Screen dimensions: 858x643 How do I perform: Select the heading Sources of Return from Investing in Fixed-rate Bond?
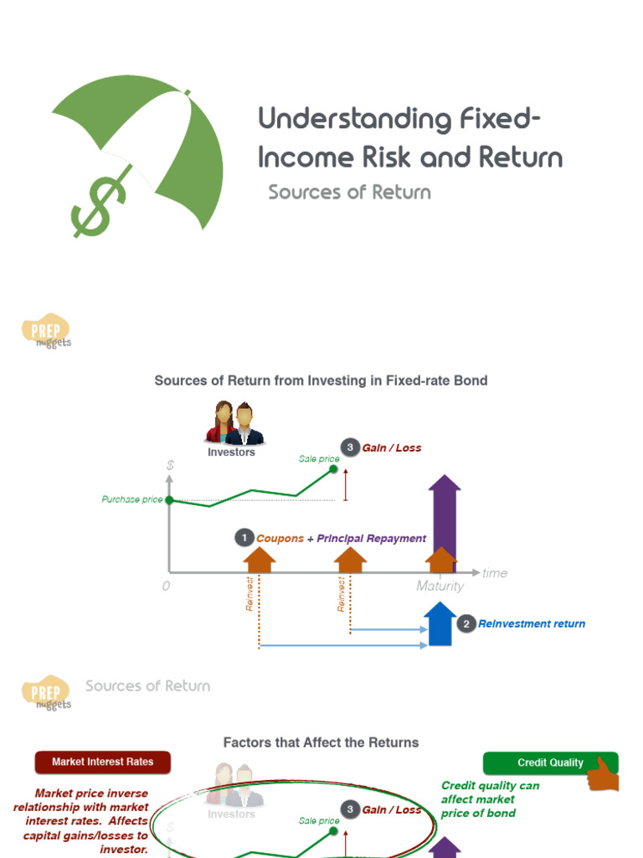pyautogui.click(x=321, y=380)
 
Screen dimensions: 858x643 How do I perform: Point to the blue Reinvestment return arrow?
pyautogui.click(x=440, y=625)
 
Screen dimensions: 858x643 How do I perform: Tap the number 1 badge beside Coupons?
pyautogui.click(x=244, y=539)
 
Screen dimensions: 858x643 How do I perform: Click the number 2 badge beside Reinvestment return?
pyautogui.click(x=466, y=624)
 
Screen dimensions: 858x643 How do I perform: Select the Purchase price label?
pyautogui.click(x=132, y=499)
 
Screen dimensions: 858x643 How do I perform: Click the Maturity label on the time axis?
pyautogui.click(x=440, y=587)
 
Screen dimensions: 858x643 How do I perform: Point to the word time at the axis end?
pyautogui.click(x=495, y=573)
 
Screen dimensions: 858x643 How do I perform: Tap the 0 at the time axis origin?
pyautogui.click(x=166, y=587)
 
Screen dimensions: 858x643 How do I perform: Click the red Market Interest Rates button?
pyautogui.click(x=103, y=762)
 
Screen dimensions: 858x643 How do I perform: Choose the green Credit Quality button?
pyautogui.click(x=550, y=762)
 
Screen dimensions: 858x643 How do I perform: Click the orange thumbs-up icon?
pyautogui.click(x=603, y=774)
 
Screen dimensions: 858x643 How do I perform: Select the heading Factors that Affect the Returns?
pyautogui.click(x=321, y=742)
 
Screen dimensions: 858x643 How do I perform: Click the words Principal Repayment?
pyautogui.click(x=371, y=539)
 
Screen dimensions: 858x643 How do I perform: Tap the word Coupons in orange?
pyautogui.click(x=280, y=539)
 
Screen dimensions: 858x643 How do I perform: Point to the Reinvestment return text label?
pyautogui.click(x=532, y=624)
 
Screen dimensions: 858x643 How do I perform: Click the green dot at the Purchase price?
pyautogui.click(x=169, y=500)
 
